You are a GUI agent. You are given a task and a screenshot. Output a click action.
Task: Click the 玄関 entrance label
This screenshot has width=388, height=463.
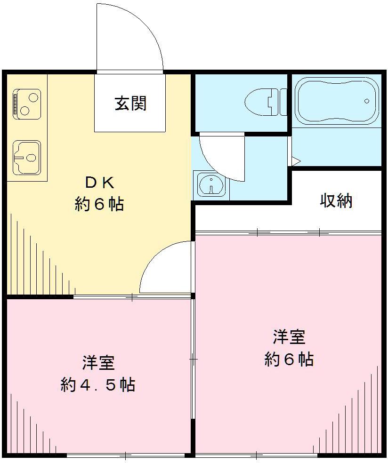click(x=130, y=103)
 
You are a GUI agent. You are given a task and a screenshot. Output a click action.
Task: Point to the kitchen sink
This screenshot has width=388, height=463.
click(x=26, y=157)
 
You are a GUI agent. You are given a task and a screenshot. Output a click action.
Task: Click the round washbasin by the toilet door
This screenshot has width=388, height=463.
click(x=210, y=184)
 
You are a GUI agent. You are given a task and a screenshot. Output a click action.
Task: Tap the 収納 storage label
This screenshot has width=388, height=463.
click(x=336, y=201)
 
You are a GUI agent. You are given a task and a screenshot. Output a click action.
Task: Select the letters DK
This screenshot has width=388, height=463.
click(x=99, y=182)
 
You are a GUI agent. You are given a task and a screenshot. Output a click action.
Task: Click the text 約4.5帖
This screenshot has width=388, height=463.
click(x=98, y=385)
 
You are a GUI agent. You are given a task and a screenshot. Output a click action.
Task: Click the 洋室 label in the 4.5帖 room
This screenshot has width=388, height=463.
click(x=98, y=363)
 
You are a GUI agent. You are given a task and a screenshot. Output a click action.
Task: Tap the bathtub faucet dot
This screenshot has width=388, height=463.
click(x=367, y=101)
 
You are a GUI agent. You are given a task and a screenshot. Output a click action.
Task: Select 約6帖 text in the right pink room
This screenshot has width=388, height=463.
click(x=289, y=359)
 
